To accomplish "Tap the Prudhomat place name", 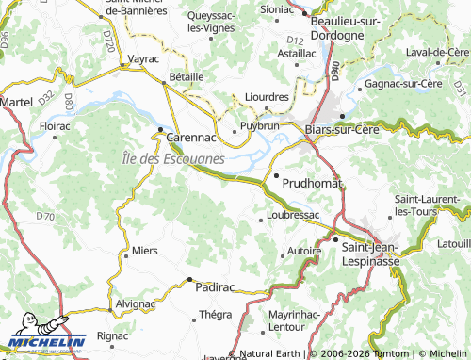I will [312, 180].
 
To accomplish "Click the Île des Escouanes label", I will [173, 158].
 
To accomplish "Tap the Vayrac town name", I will [141, 58].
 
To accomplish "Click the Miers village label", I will [145, 251].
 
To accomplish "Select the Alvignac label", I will [137, 304].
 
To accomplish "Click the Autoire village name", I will [304, 253].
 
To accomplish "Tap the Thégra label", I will [215, 315].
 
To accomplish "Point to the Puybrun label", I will [260, 124].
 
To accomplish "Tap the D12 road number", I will [295, 41].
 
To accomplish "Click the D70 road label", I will [44, 217].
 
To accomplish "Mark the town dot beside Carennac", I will [161, 129].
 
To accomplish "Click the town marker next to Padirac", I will [188, 280].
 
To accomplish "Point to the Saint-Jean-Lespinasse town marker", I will [335, 239].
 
